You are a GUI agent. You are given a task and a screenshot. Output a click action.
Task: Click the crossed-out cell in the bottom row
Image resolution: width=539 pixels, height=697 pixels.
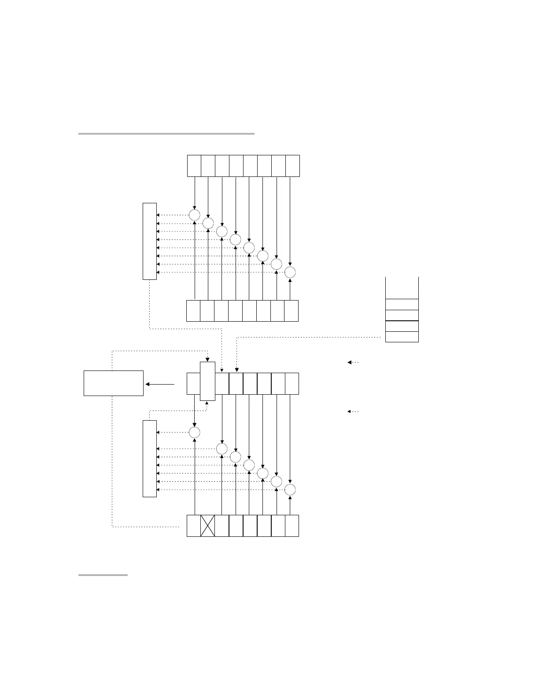point(208,525)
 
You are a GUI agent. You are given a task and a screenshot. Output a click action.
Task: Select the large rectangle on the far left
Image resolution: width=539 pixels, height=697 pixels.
point(114,383)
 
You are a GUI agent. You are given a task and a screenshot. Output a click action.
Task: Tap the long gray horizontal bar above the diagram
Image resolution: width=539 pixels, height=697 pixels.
point(166,133)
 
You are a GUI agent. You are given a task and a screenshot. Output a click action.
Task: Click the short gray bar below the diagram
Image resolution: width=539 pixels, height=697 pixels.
point(103,575)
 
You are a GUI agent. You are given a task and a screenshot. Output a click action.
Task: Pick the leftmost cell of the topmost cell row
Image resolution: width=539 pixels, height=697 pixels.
point(194,166)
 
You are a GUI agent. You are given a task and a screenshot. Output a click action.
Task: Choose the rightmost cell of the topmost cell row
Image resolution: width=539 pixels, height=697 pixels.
point(293,166)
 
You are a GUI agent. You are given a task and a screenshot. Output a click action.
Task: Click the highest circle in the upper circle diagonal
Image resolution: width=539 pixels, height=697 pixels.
point(194,215)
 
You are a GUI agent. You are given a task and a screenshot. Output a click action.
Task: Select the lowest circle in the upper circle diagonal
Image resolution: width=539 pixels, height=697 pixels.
point(290,272)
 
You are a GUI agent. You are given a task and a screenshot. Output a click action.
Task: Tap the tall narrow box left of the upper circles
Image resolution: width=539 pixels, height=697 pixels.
point(150,241)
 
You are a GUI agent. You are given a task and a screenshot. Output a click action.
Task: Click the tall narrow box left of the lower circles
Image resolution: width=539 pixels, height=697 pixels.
point(150,459)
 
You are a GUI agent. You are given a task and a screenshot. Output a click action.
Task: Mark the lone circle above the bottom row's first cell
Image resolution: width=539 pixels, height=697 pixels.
point(194,432)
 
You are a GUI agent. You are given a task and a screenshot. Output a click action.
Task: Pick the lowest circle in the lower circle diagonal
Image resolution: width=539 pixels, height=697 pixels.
point(290,490)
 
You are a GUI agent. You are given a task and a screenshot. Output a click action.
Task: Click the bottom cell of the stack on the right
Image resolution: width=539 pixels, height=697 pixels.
point(402,337)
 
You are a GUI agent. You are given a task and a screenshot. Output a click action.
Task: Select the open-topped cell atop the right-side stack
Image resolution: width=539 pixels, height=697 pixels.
point(402,288)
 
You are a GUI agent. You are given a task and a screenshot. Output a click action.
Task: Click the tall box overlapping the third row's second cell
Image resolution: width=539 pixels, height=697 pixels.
point(208,381)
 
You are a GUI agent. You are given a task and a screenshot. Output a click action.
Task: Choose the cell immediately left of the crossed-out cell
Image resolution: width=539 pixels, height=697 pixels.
point(194,525)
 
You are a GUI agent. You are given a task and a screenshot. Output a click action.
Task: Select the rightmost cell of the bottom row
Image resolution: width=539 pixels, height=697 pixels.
point(292,525)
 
